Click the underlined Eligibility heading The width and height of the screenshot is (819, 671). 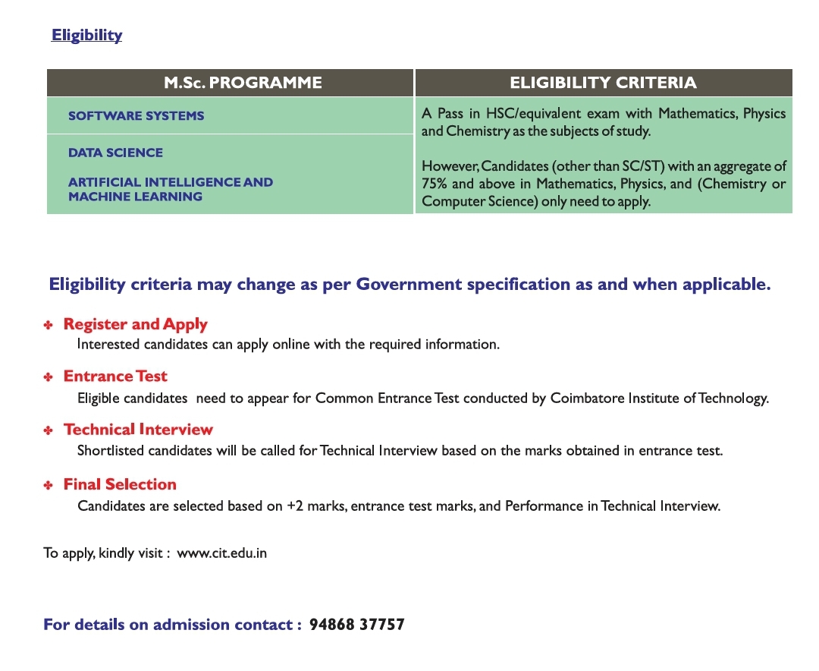pyautogui.click(x=86, y=36)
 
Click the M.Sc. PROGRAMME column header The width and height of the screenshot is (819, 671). pyautogui.click(x=243, y=83)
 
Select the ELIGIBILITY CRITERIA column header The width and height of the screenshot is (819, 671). pyautogui.click(x=603, y=83)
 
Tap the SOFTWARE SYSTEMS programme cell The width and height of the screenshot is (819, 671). pyautogui.click(x=136, y=116)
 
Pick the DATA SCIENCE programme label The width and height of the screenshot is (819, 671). pyautogui.click(x=115, y=153)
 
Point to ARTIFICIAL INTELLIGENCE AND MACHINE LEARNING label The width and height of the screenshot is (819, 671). pyautogui.click(x=170, y=189)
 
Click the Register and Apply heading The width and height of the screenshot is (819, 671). pyautogui.click(x=135, y=324)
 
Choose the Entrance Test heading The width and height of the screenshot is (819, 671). pyautogui.click(x=115, y=376)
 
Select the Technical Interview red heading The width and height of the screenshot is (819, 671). pyautogui.click(x=138, y=430)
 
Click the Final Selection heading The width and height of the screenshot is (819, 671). pyautogui.click(x=120, y=484)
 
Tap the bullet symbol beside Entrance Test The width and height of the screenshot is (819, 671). pyautogui.click(x=48, y=377)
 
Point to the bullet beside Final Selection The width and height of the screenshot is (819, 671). pyautogui.click(x=48, y=485)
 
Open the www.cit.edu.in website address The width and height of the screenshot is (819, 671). pyautogui.click(x=221, y=553)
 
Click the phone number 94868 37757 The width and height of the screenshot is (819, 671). pyautogui.click(x=356, y=625)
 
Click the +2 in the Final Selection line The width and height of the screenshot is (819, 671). pyautogui.click(x=295, y=506)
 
